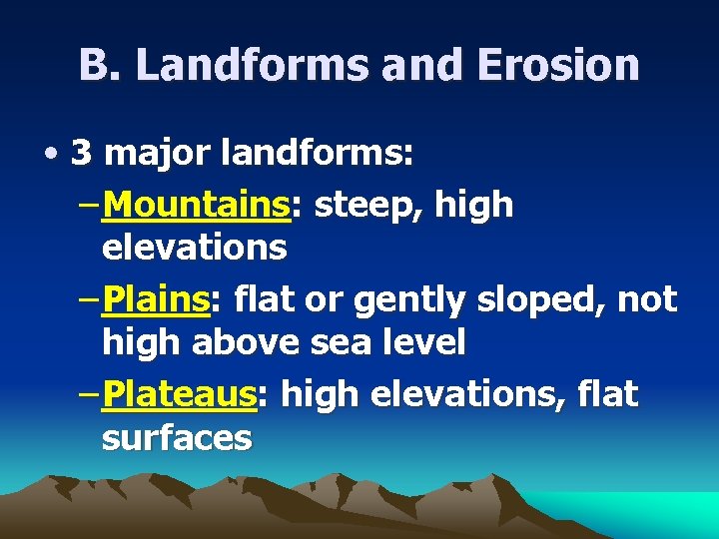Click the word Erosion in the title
pos(559,65)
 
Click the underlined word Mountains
pos(196,205)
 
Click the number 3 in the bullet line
pos(83,154)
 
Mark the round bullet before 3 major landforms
pos(50,156)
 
